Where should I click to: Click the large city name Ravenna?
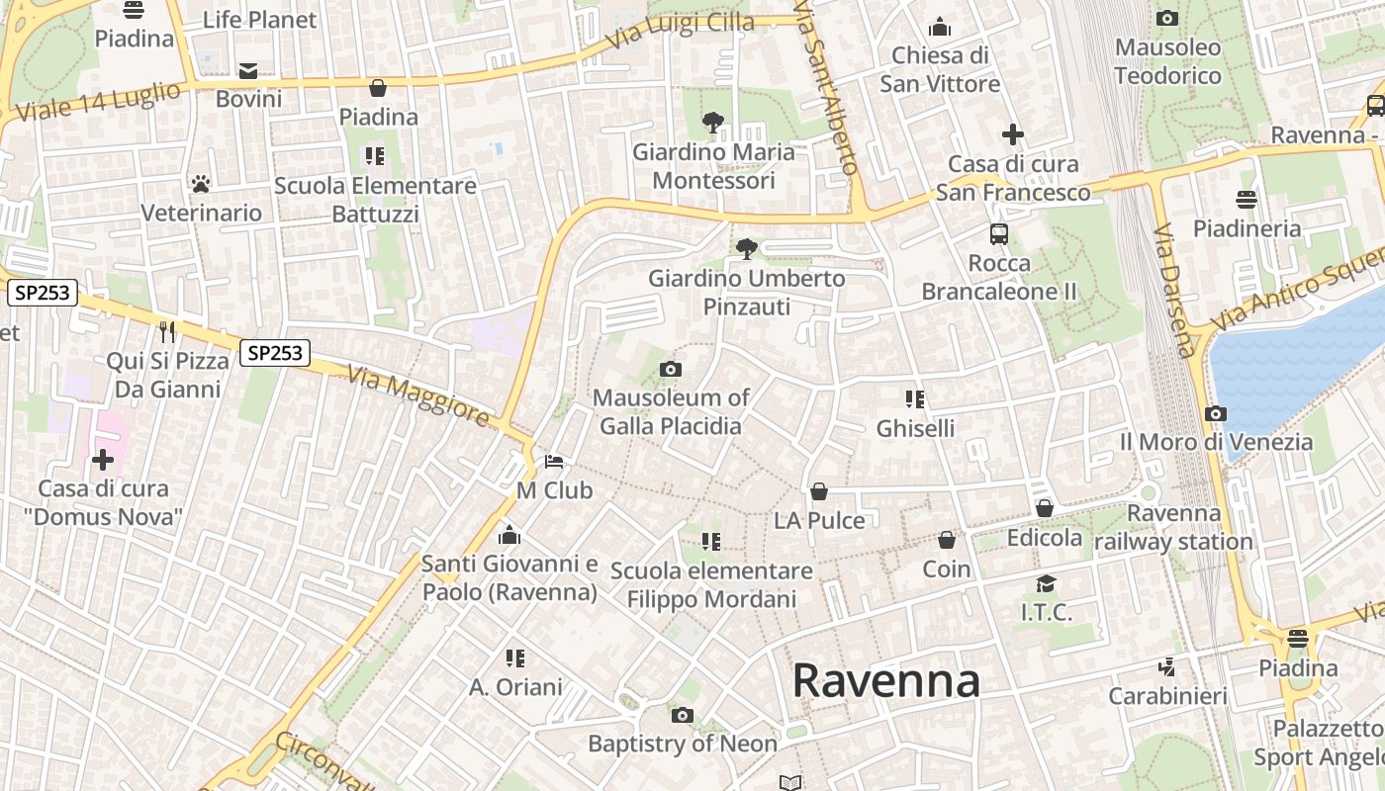point(885,681)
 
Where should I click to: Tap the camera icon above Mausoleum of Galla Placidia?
point(671,369)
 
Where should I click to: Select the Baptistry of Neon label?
point(683,744)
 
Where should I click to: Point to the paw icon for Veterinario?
point(201,184)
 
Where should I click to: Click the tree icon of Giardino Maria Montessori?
point(712,123)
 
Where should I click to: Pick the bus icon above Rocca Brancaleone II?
point(999,234)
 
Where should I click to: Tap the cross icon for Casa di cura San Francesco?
point(1013,133)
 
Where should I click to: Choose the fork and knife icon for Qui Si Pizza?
point(167,331)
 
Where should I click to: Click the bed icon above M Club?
point(554,462)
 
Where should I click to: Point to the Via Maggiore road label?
point(418,395)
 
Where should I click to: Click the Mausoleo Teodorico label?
point(1167,61)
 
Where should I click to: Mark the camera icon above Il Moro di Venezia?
point(1216,413)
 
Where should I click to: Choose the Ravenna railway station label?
point(1174,528)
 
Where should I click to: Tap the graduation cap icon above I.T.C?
point(1046,583)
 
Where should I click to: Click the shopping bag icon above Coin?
point(947,540)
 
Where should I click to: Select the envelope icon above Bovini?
point(248,70)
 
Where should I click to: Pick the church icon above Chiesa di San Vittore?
point(940,27)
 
